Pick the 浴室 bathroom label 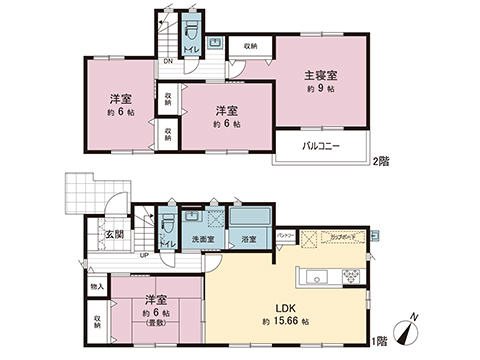[249, 240]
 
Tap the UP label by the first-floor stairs [144, 255]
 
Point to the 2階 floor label [380, 160]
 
